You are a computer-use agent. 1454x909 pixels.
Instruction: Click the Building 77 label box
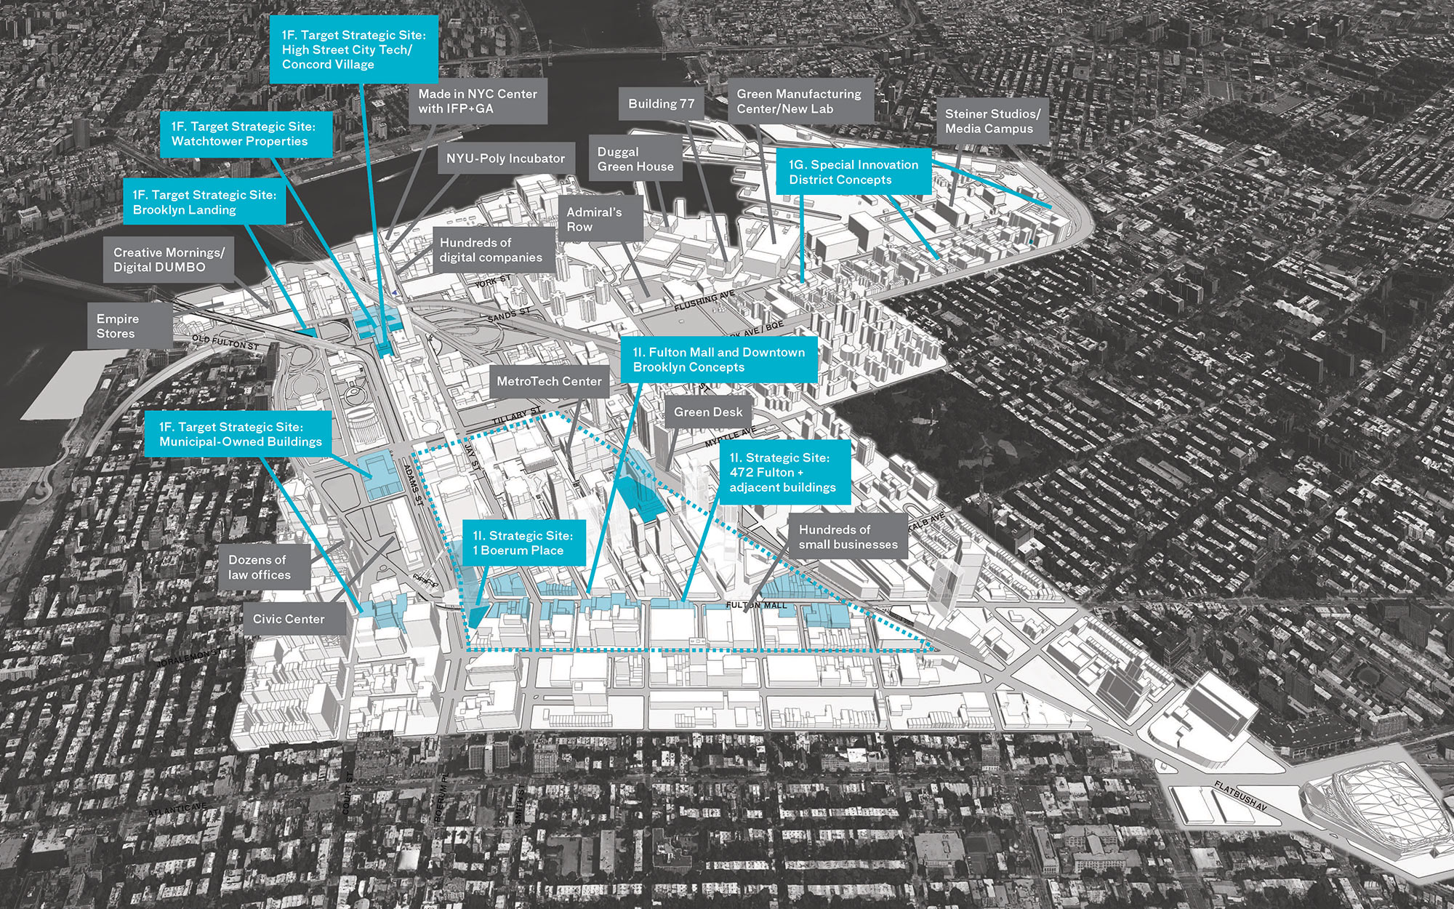coord(662,104)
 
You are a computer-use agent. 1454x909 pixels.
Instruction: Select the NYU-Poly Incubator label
coord(505,159)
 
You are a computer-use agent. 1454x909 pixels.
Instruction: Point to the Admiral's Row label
coord(595,220)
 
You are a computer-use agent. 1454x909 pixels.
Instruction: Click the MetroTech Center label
coord(549,381)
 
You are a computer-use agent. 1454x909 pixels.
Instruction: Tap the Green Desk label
coord(708,412)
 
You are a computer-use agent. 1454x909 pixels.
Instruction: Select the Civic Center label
coord(289,619)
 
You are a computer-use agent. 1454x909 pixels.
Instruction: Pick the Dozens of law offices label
coord(260,567)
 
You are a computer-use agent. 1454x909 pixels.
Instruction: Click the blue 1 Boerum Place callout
coord(523,543)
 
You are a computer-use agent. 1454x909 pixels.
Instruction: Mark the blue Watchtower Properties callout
coord(244,134)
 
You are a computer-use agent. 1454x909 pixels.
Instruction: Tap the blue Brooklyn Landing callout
coord(204,202)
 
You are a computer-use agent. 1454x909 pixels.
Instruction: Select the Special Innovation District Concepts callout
coord(853,172)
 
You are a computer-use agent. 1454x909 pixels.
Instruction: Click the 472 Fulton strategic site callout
coord(783,472)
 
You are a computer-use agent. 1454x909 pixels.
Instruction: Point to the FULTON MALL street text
coord(756,605)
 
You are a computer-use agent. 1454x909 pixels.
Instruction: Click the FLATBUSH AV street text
coord(1240,796)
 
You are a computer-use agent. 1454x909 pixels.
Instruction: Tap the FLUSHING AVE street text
coord(704,300)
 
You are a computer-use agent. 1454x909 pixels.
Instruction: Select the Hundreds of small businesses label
coord(848,537)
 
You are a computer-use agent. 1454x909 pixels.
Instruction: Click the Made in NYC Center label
coord(478,101)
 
